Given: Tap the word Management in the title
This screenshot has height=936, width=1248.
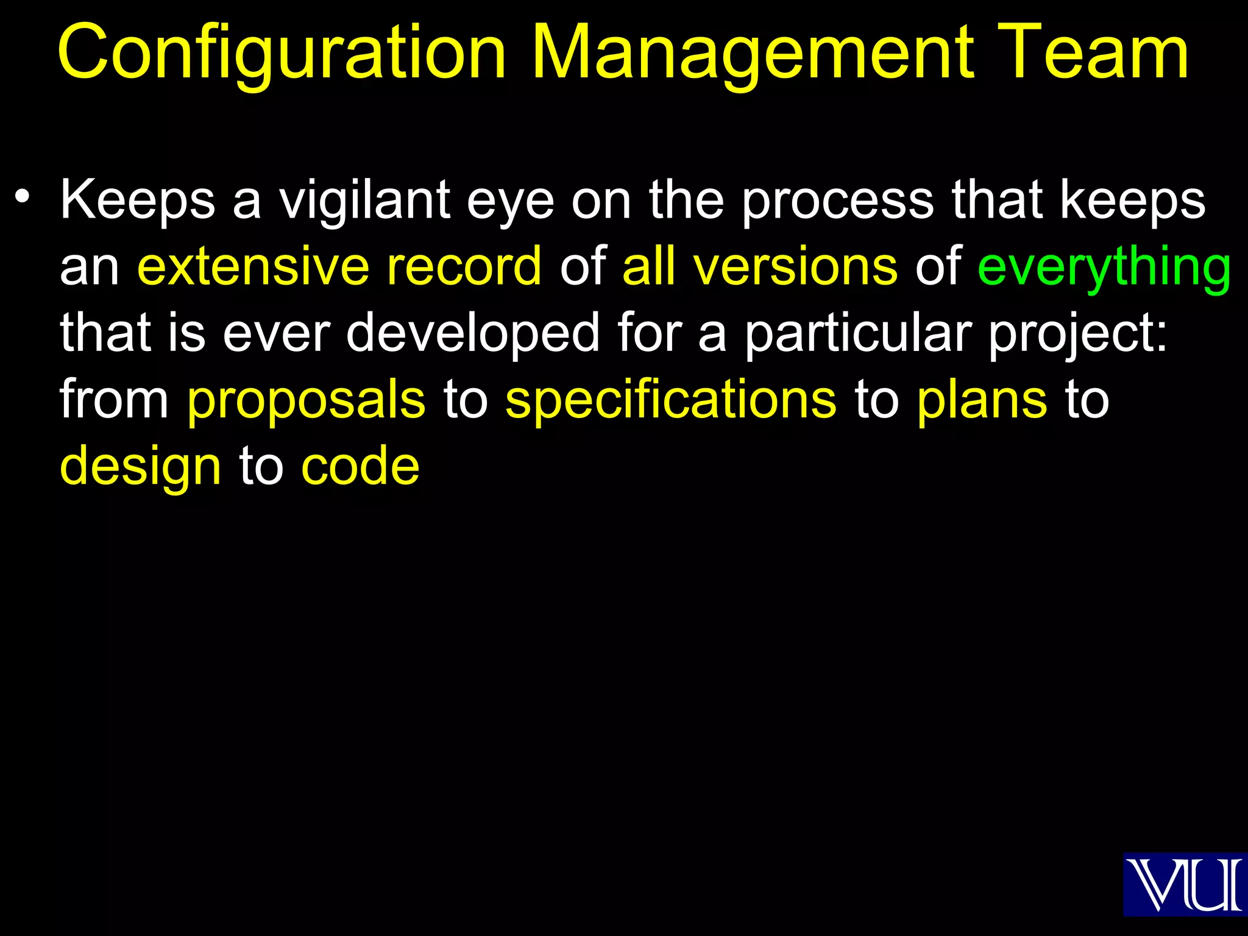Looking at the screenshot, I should [753, 53].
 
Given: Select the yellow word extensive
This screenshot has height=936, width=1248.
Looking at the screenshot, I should [253, 266].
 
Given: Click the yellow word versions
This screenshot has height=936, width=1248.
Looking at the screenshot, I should [795, 266].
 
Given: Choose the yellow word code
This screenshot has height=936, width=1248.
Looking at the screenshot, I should [360, 467].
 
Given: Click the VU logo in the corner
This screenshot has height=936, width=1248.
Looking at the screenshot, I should [1184, 884].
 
